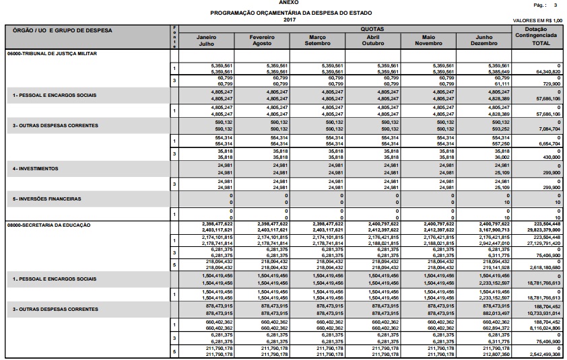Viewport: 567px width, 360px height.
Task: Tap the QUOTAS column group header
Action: tap(372, 30)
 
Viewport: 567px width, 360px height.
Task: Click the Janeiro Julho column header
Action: tap(206, 40)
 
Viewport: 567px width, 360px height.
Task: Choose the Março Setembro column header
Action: tap(317, 40)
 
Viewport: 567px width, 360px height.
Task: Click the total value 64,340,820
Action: tap(547, 71)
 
